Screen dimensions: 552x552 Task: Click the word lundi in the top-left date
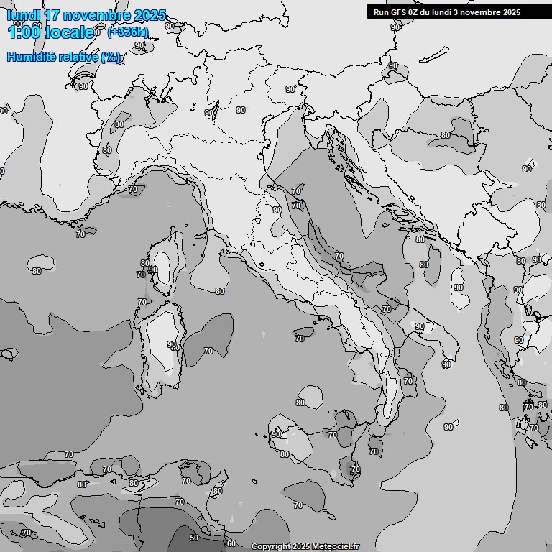click(22, 15)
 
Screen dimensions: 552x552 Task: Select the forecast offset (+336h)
click(129, 32)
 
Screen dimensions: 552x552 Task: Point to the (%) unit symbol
click(111, 57)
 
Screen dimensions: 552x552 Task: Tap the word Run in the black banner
click(381, 11)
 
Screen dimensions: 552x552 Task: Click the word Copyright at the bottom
click(271, 547)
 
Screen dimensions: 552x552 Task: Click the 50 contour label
click(193, 538)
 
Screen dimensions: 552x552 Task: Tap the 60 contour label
click(231, 543)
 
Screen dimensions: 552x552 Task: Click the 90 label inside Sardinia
click(172, 345)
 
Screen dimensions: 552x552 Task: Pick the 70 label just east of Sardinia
click(208, 351)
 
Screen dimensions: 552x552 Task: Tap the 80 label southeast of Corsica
click(220, 291)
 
